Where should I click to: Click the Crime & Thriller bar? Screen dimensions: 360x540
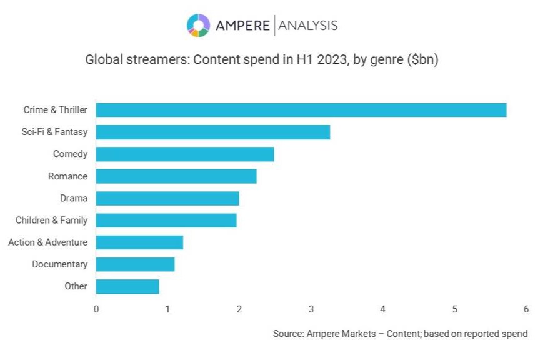point(301,110)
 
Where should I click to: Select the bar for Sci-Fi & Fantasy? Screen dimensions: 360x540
point(212,132)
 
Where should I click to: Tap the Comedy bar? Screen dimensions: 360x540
point(185,154)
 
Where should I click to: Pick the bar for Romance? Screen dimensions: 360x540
point(176,176)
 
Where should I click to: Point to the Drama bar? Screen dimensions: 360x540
point(167,198)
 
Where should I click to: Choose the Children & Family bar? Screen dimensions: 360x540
point(166,220)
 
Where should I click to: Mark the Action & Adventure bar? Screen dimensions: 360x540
point(139,242)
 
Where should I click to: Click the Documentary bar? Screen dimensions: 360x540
point(135,264)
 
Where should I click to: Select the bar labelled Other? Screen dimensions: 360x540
point(127,286)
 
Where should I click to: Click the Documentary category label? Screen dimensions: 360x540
point(60,264)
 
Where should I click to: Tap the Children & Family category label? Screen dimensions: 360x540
point(52,220)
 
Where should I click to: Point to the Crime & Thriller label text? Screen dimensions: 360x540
point(56,110)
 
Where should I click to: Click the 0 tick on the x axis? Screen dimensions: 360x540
point(96,309)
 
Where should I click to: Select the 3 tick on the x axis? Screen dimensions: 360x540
point(311,309)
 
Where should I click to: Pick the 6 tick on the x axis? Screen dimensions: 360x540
point(526,309)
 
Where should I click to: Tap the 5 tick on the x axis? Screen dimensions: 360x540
point(455,309)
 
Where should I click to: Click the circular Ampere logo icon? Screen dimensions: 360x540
point(198,25)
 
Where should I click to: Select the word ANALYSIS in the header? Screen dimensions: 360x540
point(307,26)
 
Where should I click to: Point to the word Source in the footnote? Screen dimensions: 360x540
point(288,334)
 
